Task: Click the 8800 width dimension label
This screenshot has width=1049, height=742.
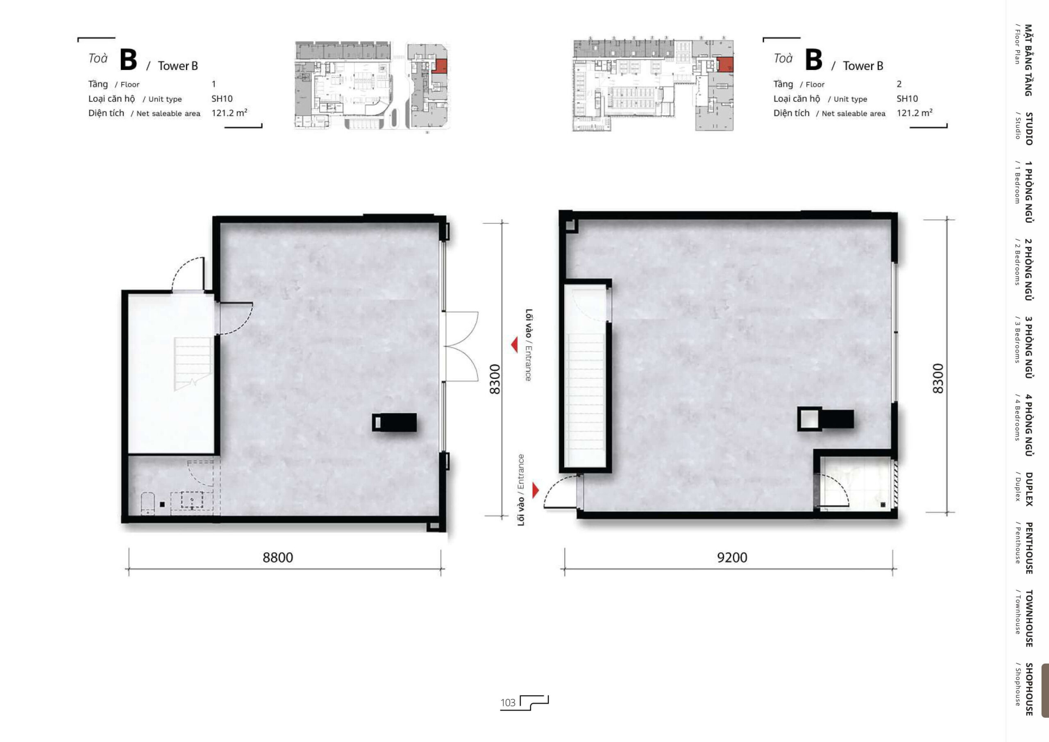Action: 278,557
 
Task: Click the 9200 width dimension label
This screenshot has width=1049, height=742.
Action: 732,557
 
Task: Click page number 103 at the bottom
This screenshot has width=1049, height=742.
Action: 508,703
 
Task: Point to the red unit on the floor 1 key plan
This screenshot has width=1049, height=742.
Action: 439,66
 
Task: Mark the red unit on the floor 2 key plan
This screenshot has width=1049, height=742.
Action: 725,64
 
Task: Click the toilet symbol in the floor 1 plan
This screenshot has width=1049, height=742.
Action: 148,503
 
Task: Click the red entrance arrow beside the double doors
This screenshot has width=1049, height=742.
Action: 514,345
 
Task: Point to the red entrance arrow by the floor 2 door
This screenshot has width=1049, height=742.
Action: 536,490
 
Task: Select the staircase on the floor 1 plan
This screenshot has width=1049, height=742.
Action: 193,364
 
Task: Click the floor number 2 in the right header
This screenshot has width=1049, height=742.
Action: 899,84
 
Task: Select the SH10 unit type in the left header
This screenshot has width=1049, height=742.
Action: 222,99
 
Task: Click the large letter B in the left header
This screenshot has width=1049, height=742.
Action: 128,60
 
